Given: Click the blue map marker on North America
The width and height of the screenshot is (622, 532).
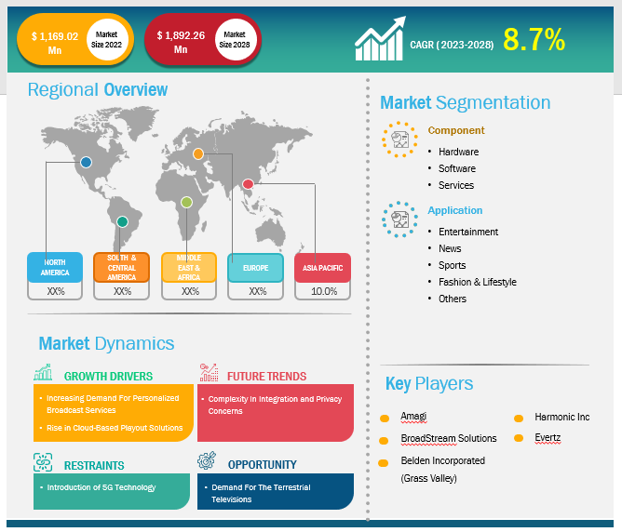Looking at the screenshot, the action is coord(86,162).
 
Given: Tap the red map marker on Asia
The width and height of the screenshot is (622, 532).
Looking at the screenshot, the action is coord(248,184).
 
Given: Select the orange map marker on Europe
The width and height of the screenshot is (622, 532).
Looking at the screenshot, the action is coord(198,153).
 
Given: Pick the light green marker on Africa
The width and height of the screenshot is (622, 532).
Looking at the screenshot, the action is coord(186,203).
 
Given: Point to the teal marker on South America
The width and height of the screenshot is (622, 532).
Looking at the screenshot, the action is coord(122,222).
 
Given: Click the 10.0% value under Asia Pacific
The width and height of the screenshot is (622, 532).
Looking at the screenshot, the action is coord(324,291).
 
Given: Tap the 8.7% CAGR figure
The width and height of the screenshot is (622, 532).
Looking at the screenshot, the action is coord(534,40).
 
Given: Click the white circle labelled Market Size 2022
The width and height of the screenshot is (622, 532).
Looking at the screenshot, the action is coord(106,40).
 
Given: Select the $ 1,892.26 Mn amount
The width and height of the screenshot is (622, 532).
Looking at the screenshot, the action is coord(181,42).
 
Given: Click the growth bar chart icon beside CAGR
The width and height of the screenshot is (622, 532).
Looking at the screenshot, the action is coord(380,39).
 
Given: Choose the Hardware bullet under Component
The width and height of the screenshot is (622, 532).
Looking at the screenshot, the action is coord(458,152).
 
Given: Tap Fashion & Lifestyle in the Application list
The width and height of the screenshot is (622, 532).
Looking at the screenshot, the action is coord(478,282).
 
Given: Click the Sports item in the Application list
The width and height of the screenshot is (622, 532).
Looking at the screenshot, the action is coord(452,265).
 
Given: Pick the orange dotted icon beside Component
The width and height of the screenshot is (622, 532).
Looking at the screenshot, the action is coord(399,140).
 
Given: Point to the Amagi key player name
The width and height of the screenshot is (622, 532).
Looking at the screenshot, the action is coord(412,416).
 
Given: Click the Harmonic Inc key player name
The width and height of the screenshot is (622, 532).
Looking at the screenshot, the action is coord(561,417).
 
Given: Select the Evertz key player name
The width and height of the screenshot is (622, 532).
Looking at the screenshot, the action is coord(548,437).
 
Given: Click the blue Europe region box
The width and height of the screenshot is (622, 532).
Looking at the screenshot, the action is coord(255,268).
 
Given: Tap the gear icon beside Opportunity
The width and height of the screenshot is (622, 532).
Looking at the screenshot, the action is coord(207,460).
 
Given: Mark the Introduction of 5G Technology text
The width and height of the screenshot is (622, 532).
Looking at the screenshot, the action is coord(101,487).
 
